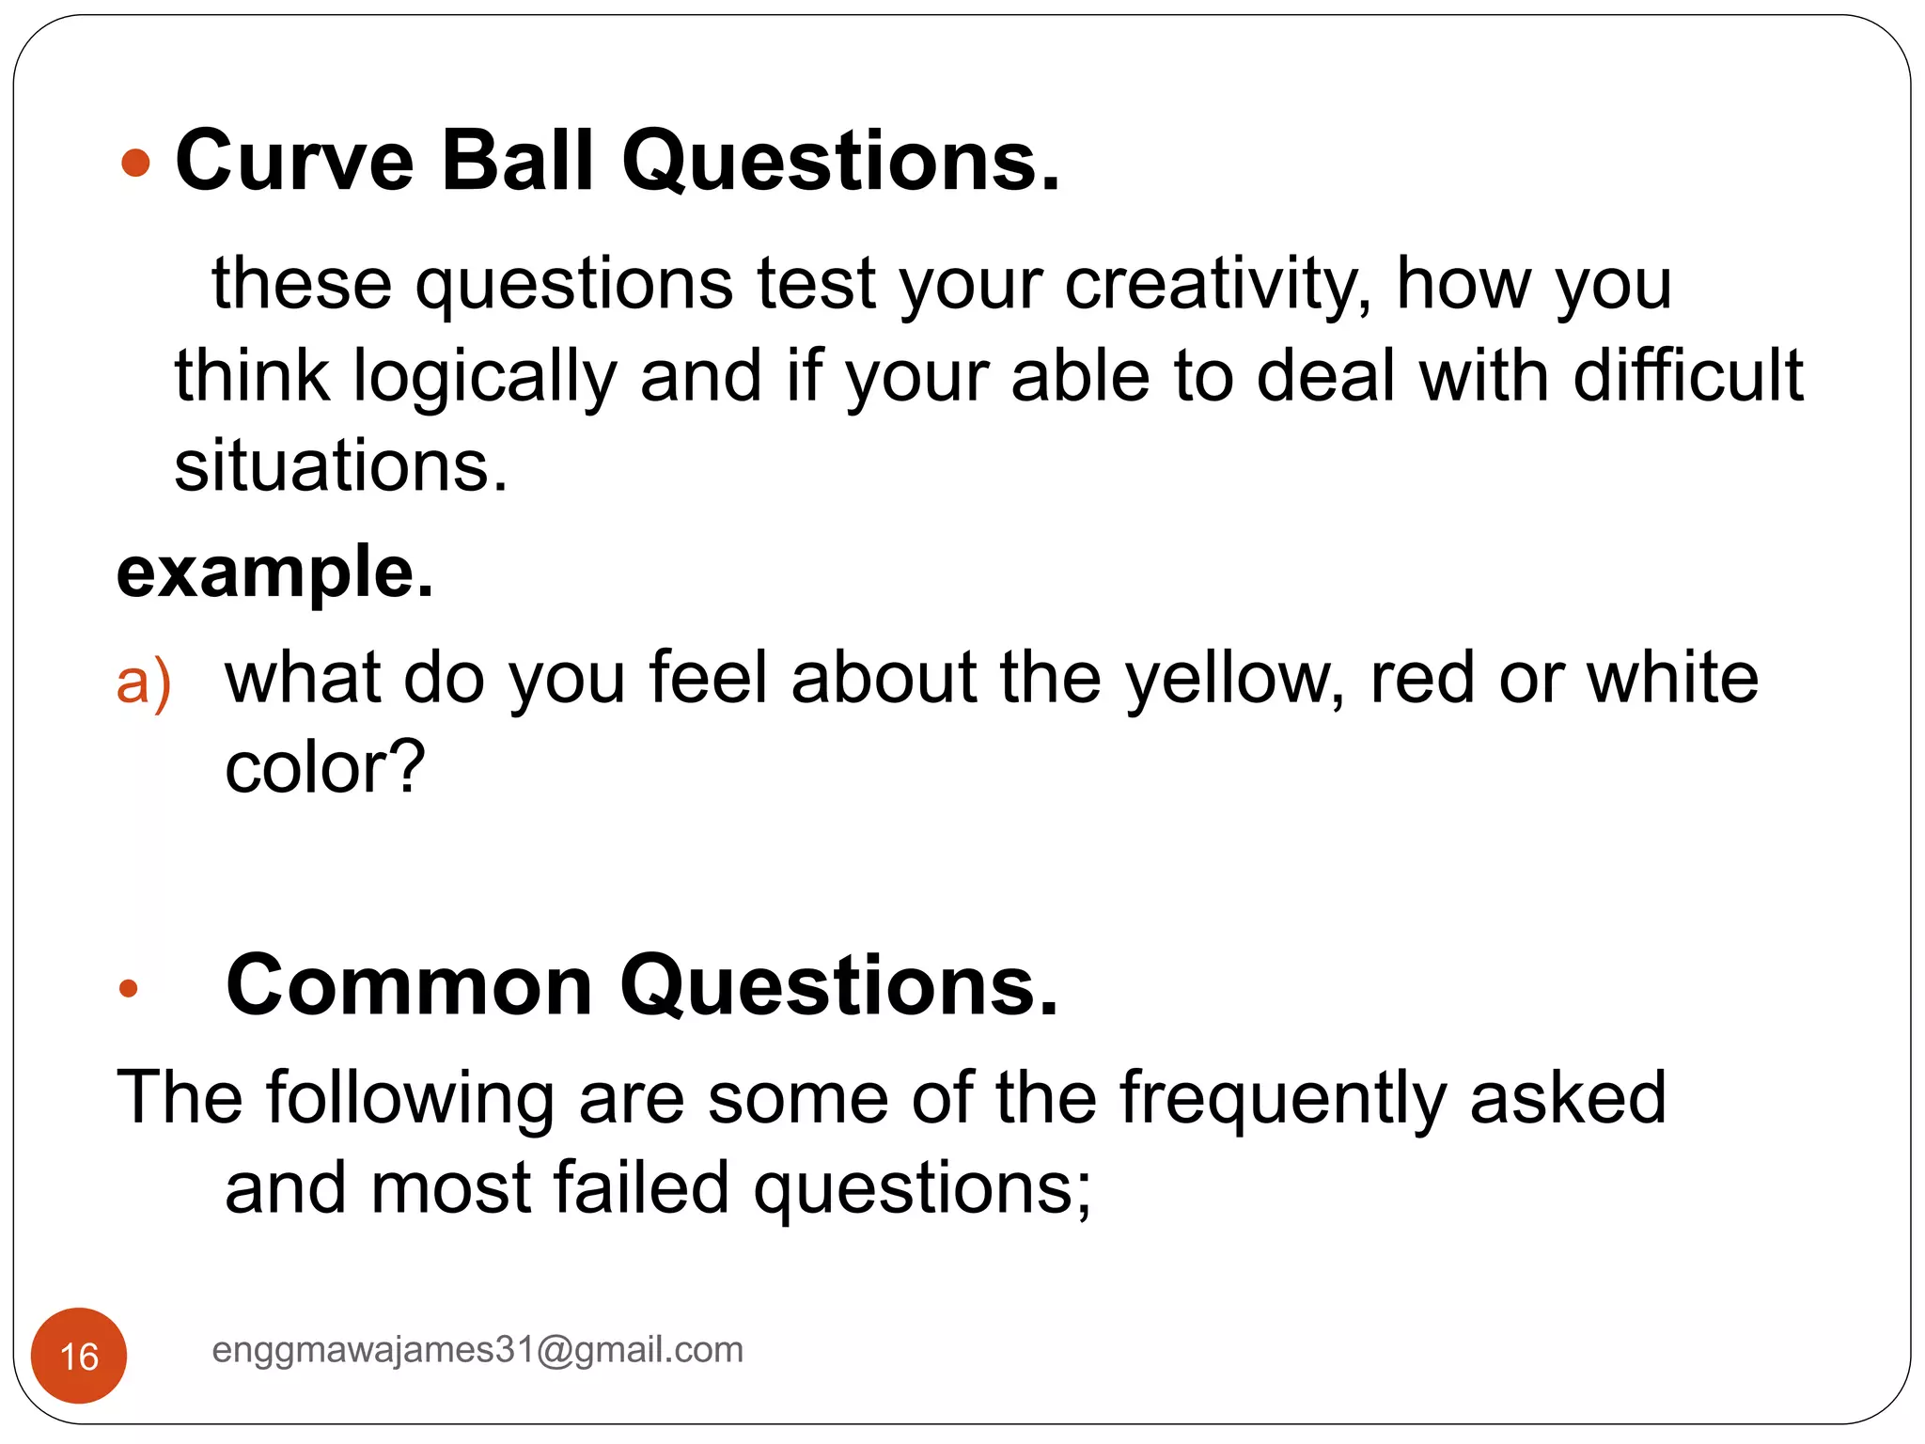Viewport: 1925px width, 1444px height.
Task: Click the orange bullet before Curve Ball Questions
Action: tap(136, 163)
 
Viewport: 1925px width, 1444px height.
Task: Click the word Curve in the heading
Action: tap(294, 161)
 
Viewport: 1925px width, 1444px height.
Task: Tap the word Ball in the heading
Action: tap(516, 161)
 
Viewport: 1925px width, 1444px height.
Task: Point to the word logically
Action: tap(484, 377)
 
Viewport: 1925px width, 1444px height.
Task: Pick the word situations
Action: tap(340, 466)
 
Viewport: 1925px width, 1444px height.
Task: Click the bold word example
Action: tap(274, 573)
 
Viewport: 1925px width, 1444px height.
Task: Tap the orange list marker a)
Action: tap(144, 681)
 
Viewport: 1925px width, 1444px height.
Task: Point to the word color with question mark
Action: tap(324, 768)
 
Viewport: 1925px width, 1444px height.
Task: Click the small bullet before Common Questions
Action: tap(129, 988)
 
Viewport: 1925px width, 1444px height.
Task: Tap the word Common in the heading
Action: tap(409, 986)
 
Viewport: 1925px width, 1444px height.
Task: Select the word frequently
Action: tap(1282, 1099)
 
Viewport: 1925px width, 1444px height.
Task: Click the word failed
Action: tap(641, 1188)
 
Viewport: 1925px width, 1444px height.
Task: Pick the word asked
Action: tap(1568, 1097)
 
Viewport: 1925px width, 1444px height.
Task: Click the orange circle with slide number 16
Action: tap(79, 1356)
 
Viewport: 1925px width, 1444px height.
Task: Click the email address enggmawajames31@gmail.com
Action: tap(477, 1350)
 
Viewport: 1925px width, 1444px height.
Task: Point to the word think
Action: tap(252, 375)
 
